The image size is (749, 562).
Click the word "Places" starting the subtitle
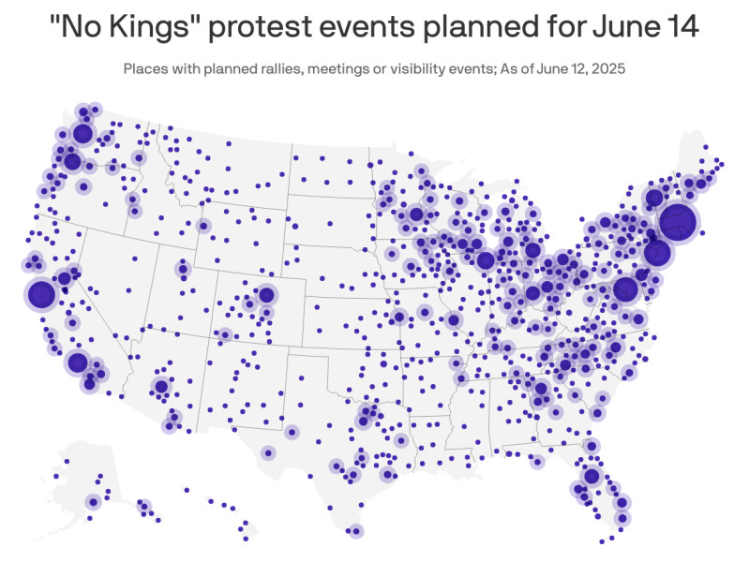click(143, 68)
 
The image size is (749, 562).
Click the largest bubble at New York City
click(678, 222)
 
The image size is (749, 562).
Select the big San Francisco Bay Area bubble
click(41, 294)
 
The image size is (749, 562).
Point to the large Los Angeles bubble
click(78, 362)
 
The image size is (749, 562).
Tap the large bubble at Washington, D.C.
click(625, 288)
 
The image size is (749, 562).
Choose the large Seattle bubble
click(82, 133)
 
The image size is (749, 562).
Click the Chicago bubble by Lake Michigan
click(485, 260)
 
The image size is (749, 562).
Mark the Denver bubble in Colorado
click(266, 295)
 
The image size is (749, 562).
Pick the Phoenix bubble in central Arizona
click(161, 386)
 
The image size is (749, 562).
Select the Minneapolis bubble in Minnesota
click(416, 214)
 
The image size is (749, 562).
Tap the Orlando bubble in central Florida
click(591, 476)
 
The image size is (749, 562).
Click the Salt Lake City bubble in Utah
click(183, 270)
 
